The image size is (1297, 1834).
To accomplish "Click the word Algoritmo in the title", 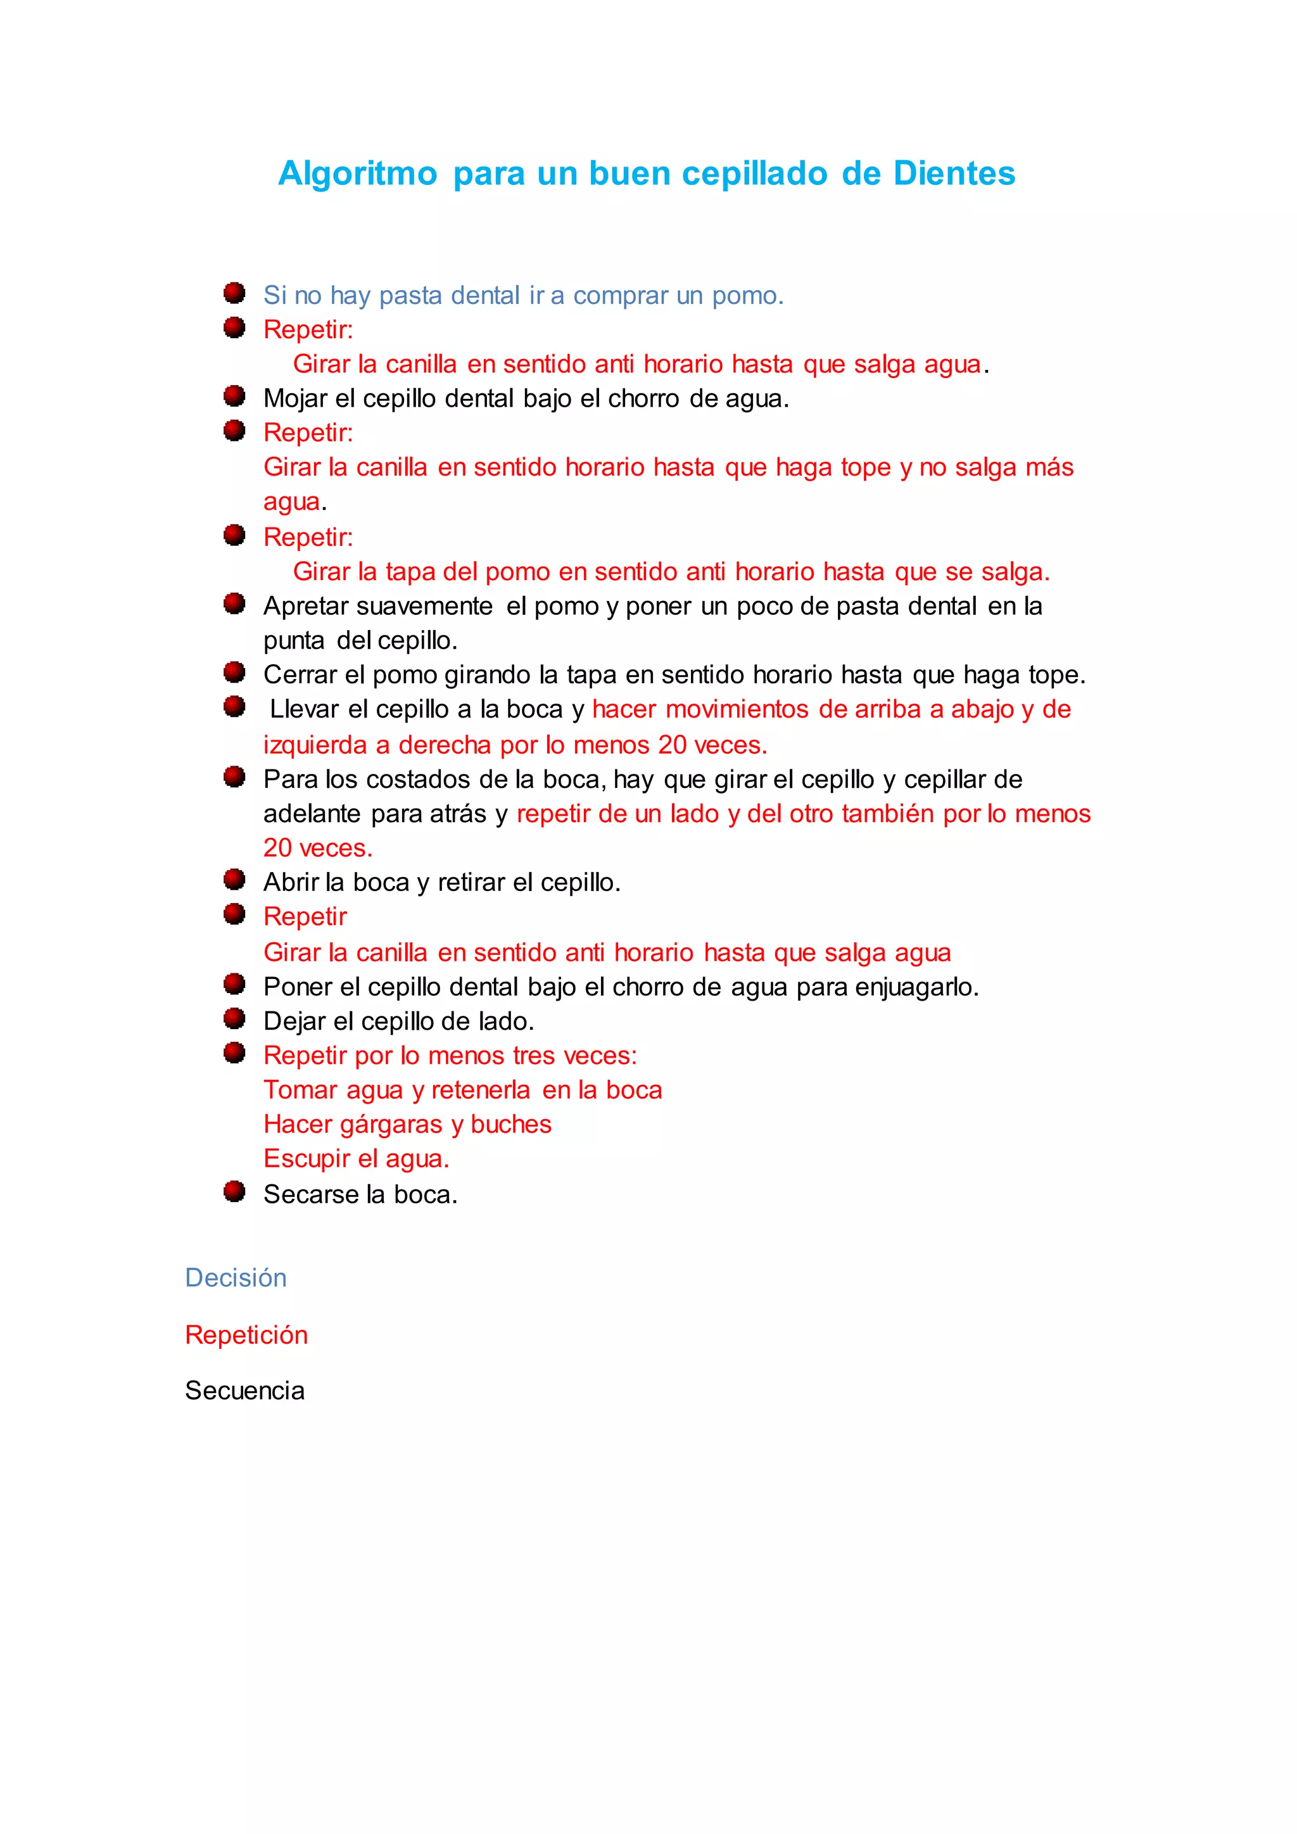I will [x=357, y=174].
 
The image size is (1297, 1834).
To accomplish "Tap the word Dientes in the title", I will [x=954, y=174].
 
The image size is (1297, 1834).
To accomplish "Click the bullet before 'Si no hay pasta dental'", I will [x=234, y=293].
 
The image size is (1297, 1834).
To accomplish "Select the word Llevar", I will [x=305, y=709].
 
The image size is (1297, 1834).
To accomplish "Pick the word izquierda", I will [x=315, y=745].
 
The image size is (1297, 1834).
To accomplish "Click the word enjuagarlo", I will [x=916, y=987].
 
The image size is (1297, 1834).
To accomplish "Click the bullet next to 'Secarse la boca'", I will [x=234, y=1192].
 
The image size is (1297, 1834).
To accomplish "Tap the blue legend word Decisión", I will [x=236, y=1278].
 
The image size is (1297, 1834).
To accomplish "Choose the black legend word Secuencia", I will [x=244, y=1391].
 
